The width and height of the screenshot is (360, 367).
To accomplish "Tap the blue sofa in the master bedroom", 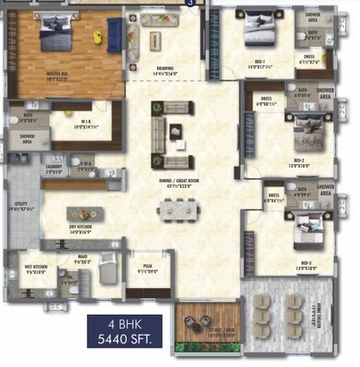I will (x=115, y=36).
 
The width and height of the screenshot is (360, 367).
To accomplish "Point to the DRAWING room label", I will (x=166, y=67).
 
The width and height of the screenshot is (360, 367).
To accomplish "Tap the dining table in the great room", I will (x=175, y=211).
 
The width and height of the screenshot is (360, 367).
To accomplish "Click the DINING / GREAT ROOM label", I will (x=177, y=183).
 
